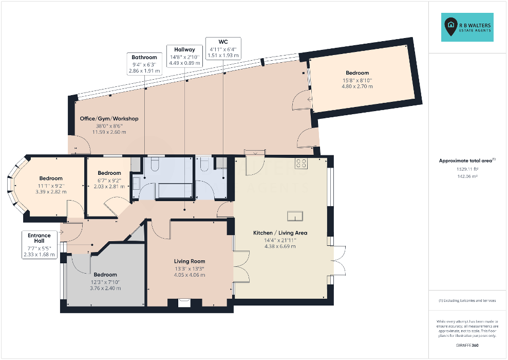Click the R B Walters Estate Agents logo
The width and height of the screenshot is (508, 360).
[467, 27]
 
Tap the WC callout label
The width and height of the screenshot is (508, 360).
[223, 48]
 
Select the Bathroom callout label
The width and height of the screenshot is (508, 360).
[144, 64]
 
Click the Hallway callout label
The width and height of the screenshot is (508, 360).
[185, 56]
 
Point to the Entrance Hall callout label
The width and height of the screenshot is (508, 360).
[39, 244]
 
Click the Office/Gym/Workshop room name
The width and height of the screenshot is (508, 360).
[109, 119]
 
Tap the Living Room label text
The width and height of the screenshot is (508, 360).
[190, 261]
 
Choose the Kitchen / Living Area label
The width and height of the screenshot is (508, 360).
[280, 233]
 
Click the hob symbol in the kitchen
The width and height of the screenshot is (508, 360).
[301, 163]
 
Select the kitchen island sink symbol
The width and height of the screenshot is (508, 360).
[295, 215]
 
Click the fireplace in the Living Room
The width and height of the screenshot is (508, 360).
[185, 302]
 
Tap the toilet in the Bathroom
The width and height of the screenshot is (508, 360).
[154, 164]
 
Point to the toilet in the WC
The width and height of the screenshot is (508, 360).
[204, 164]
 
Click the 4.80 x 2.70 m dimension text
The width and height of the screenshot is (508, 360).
[357, 86]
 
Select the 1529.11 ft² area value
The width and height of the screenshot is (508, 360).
[467, 169]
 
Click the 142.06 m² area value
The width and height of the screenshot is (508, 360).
[467, 176]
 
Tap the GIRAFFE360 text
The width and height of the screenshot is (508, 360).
[467, 346]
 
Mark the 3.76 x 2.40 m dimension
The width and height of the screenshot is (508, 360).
[105, 289]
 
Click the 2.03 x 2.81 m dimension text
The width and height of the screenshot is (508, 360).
[109, 187]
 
